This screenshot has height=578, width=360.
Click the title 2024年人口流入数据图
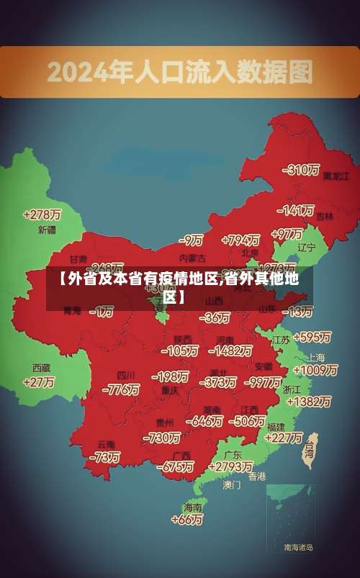[180, 71]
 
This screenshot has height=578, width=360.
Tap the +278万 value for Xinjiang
[42, 215]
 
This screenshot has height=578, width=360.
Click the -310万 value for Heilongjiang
[302, 170]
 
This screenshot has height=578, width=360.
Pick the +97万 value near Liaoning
[287, 234]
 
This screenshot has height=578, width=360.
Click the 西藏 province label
[42, 367]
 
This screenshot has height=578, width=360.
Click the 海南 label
[193, 507]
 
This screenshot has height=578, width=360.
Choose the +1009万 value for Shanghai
[315, 370]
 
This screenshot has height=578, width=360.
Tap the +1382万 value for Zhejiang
[308, 401]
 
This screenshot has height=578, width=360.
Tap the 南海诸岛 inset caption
[298, 548]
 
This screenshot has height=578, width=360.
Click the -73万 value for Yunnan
[104, 456]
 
